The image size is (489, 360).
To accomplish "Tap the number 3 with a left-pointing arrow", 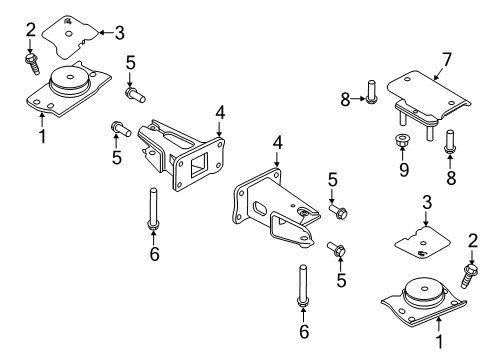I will pos(119,33).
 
